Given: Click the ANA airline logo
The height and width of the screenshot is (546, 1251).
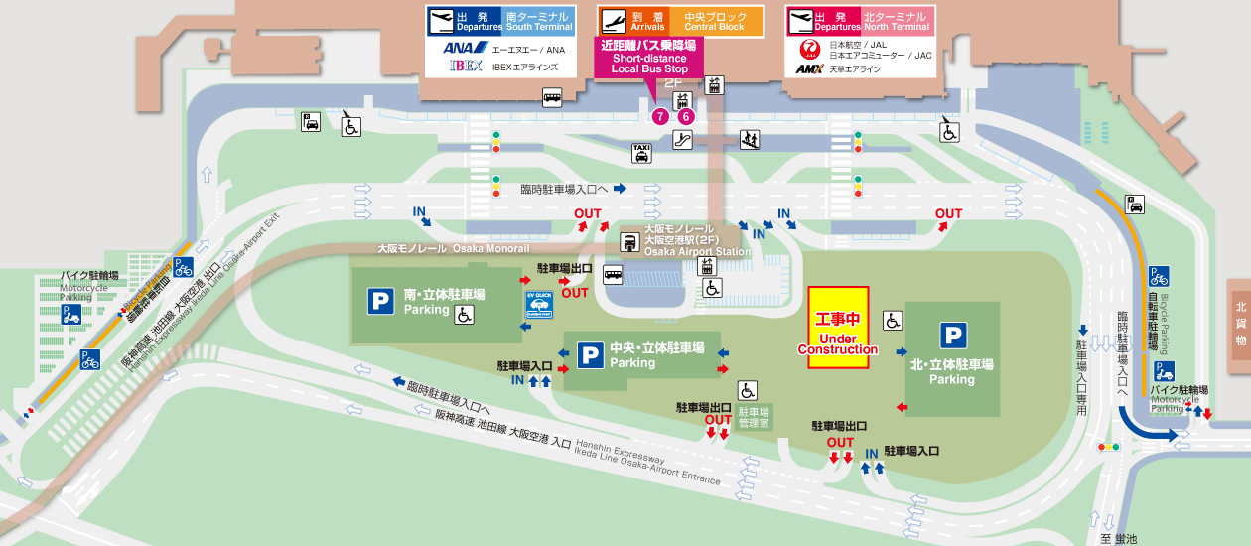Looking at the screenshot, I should [463, 48].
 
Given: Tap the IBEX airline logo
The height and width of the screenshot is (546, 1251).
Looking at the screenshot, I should [466, 67].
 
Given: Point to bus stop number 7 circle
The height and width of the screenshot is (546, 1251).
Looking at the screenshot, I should [660, 116].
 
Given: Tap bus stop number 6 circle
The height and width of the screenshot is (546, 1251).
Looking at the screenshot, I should [685, 116].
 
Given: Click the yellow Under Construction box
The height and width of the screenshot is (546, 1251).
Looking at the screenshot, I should [839, 329].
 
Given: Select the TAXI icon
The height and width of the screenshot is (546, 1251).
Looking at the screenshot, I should [642, 152].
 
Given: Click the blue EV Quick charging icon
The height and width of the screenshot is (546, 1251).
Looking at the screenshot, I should [539, 305].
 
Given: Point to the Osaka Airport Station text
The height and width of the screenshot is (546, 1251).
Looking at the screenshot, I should [697, 252].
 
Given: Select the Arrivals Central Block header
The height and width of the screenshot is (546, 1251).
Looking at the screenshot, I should [680, 21].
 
